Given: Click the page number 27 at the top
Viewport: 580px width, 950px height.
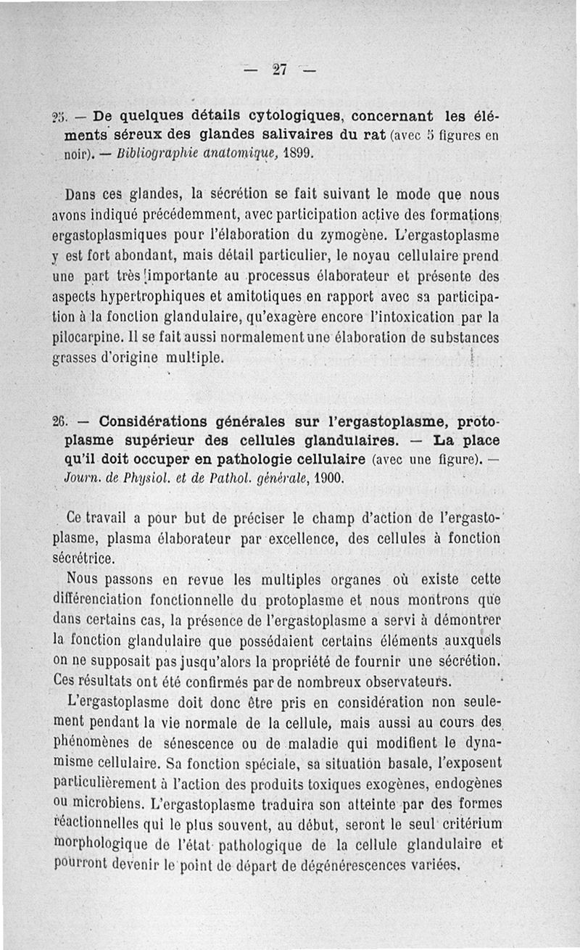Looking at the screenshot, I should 280,70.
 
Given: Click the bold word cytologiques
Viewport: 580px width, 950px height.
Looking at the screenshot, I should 294,116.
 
